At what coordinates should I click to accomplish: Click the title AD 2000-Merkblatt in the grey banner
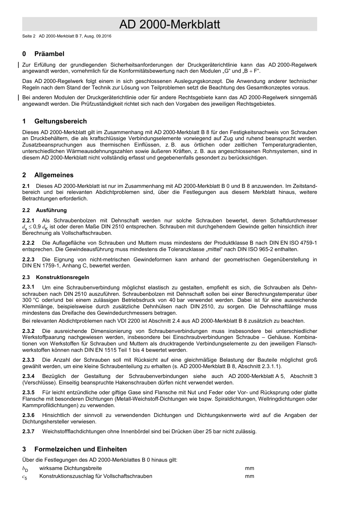click(169, 25)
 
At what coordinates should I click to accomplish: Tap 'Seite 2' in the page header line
click(28, 36)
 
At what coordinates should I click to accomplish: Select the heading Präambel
click(49, 54)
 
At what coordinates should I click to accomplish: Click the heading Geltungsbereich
click(60, 121)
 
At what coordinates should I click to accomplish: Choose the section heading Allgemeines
click(54, 175)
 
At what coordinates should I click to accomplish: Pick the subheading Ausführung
click(51, 210)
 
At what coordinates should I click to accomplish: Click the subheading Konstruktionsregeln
click(63, 277)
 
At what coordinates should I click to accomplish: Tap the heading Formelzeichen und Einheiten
click(80, 449)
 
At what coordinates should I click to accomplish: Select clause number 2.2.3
click(28, 259)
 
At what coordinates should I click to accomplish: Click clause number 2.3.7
click(28, 431)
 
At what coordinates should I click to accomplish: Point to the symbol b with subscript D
click(25, 469)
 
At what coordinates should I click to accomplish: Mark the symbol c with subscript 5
click(25, 477)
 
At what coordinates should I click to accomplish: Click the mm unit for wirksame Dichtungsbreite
click(249, 468)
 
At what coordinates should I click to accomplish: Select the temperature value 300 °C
click(31, 300)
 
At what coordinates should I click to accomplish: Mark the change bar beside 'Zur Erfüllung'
click(19, 65)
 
